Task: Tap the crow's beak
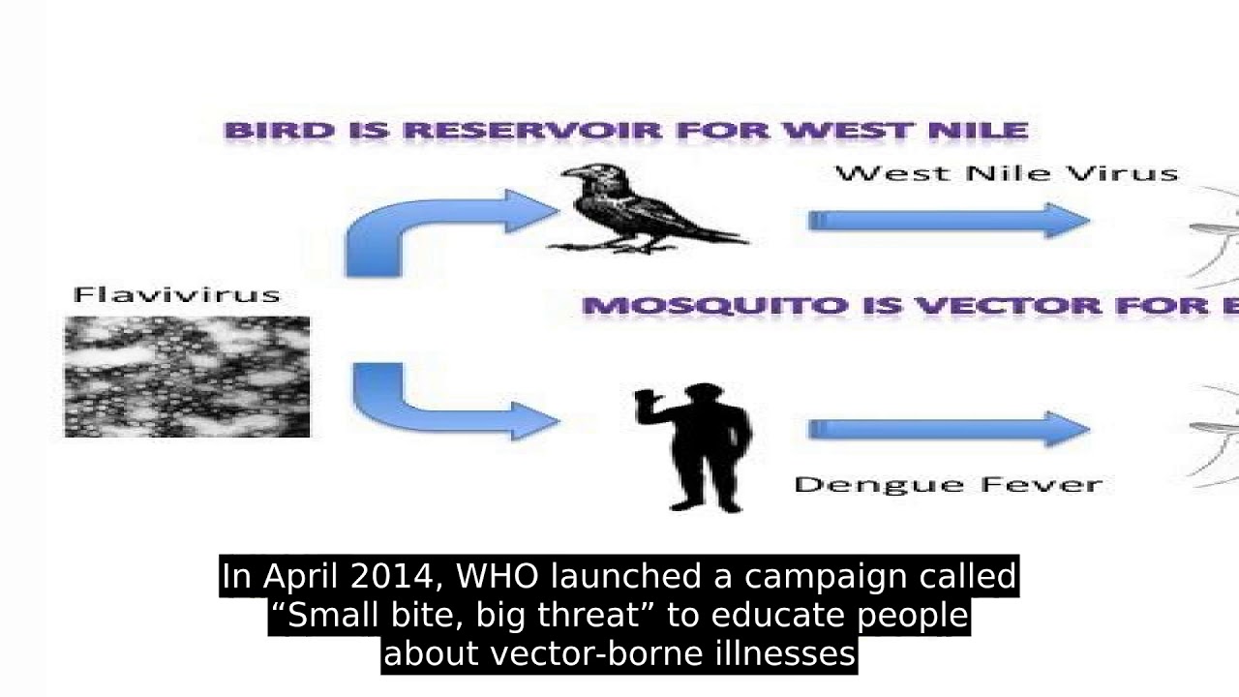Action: pos(570,172)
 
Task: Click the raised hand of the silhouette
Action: pos(645,398)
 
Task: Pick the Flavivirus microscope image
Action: pos(188,377)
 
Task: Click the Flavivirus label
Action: pos(177,295)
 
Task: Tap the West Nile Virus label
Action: pos(1007,173)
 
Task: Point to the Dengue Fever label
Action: pos(948,485)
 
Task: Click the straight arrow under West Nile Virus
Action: pos(950,221)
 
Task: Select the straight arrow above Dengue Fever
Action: pos(950,429)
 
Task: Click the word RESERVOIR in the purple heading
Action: pos(533,131)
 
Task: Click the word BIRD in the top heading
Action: pos(280,131)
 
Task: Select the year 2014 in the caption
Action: pos(392,576)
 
